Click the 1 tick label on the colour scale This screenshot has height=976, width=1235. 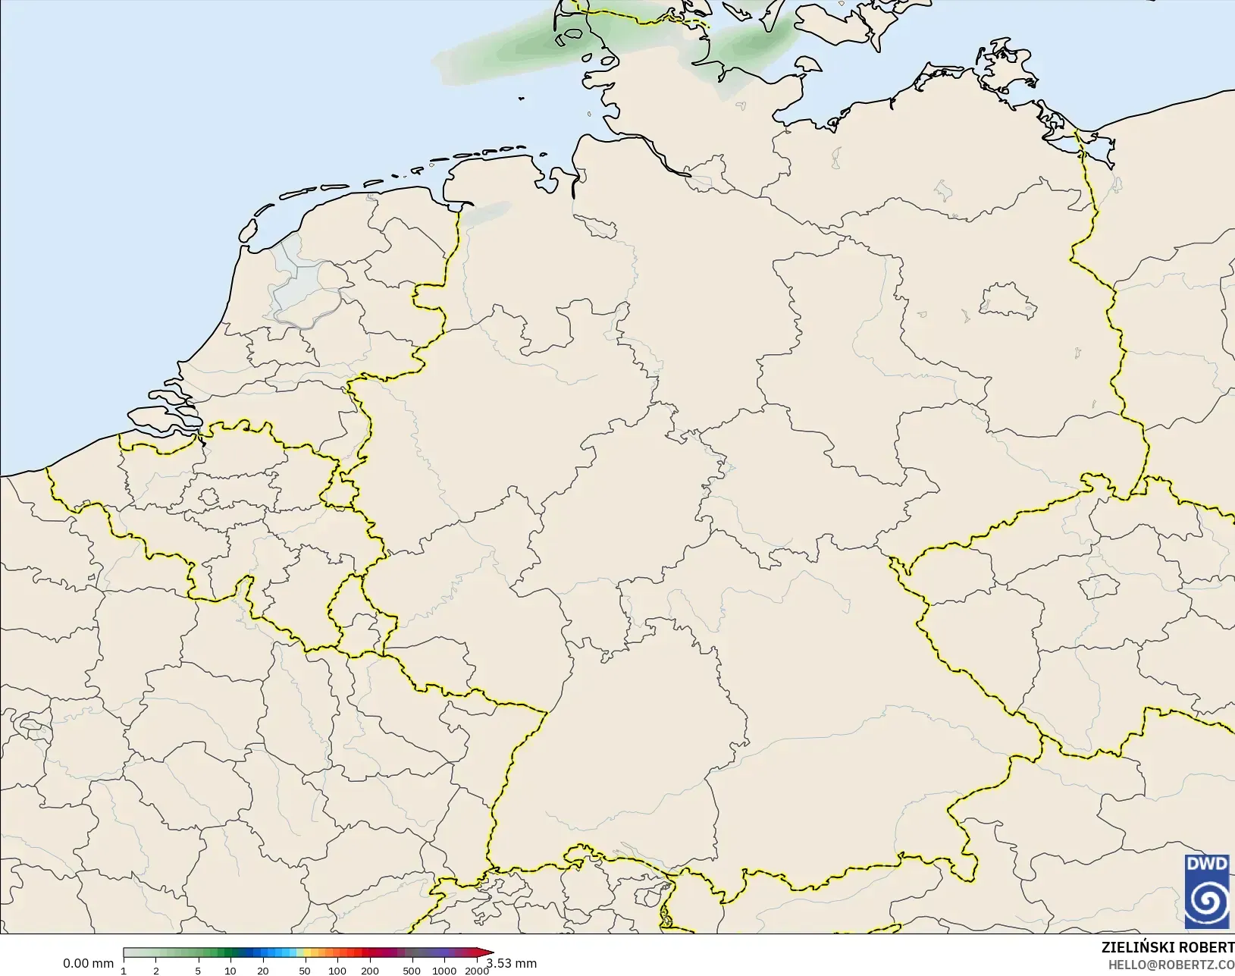(124, 971)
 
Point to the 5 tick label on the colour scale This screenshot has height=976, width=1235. (198, 971)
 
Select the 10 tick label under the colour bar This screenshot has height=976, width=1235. (230, 971)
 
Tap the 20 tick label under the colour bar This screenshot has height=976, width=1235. (262, 971)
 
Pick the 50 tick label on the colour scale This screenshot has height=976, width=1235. (305, 971)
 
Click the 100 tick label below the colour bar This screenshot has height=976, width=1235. (337, 971)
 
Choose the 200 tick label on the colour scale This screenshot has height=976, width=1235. (370, 971)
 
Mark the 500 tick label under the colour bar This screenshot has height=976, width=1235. (412, 971)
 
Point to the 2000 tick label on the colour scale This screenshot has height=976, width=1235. (476, 971)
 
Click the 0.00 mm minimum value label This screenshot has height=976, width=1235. (88, 964)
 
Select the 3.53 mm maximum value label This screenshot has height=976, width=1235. (512, 964)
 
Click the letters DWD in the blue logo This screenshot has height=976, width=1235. (1207, 864)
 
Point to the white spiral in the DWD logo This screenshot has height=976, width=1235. (1207, 901)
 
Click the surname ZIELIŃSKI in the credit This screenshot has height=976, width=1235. (1139, 947)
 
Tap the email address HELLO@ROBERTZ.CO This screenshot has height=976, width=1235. (1171, 965)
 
